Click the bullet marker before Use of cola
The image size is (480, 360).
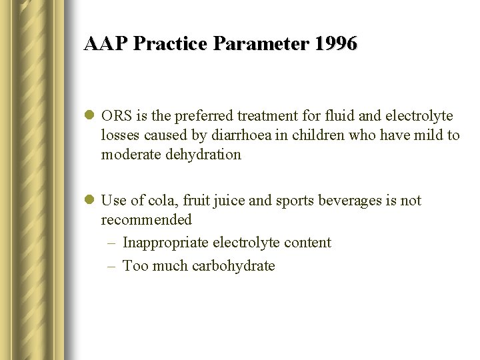[89, 201]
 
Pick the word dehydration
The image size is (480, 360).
[204, 155]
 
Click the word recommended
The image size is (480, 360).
[146, 219]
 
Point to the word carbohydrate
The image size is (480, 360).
[233, 266]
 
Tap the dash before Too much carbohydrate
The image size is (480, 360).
[111, 266]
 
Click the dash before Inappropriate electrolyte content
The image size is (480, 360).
[111, 243]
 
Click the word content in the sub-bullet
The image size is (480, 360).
[308, 243]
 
